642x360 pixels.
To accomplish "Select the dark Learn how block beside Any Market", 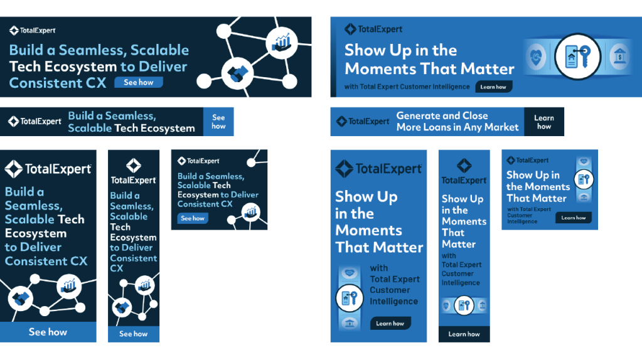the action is (543, 122).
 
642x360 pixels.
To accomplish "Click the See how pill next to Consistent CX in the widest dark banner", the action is (139, 82).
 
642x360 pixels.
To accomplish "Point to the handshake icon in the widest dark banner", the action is (238, 73).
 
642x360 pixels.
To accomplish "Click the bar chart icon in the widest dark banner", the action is (282, 43).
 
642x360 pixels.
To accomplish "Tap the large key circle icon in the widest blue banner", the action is (578, 56).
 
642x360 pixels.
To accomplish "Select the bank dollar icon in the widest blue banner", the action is (619, 56).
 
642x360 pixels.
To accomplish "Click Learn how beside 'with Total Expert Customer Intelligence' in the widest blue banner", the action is (493, 87).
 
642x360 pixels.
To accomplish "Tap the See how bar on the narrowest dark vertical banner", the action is (134, 334).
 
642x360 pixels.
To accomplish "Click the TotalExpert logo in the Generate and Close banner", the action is (363, 121).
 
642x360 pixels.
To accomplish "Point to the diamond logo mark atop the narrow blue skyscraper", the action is (464, 166).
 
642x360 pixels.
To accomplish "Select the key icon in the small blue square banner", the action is (584, 179).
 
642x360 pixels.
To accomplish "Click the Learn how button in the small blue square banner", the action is (573, 218).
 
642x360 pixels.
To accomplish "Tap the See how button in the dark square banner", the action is (193, 218).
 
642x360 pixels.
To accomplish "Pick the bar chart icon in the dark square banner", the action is (250, 212).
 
